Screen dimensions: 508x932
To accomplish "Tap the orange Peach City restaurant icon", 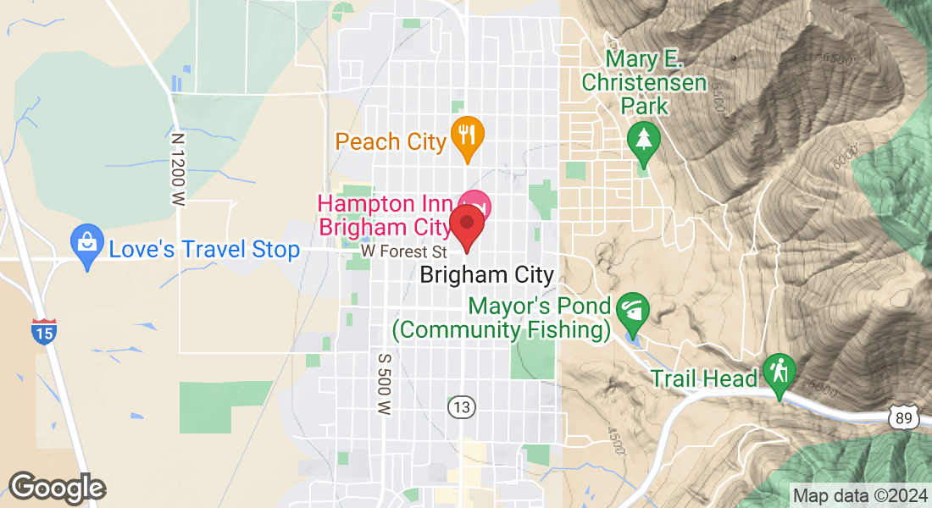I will pyautogui.click(x=466, y=135).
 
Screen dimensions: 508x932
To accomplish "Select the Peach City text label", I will pyautogui.click(x=391, y=141).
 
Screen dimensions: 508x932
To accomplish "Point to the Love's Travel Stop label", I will pyautogui.click(x=204, y=249).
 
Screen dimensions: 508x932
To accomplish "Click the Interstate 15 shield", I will pyautogui.click(x=44, y=330).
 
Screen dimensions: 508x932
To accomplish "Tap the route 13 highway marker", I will pyautogui.click(x=461, y=408).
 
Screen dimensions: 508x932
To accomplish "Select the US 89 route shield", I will pyautogui.click(x=904, y=416).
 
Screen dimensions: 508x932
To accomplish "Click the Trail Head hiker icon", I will pyautogui.click(x=777, y=372).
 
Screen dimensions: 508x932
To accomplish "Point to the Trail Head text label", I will pyautogui.click(x=703, y=378).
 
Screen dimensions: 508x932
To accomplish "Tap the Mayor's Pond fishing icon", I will pyautogui.click(x=632, y=310).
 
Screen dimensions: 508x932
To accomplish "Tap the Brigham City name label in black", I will pyautogui.click(x=486, y=274).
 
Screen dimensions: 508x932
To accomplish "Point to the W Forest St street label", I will pyautogui.click(x=402, y=251).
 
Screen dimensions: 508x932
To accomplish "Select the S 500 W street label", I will pyautogui.click(x=384, y=384).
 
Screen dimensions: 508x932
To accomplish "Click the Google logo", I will pyautogui.click(x=57, y=487).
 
